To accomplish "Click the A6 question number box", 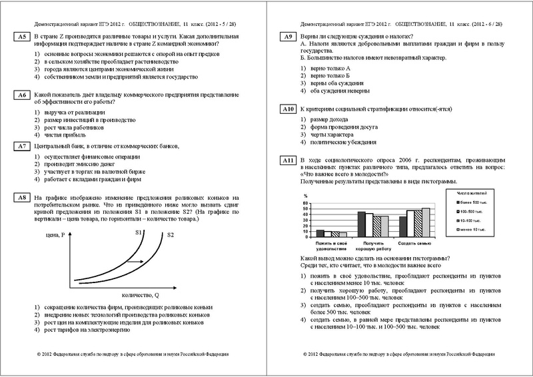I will pos(21,95).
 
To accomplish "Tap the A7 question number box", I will pos(21,145).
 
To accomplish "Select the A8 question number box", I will pos(21,197).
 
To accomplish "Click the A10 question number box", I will pos(288,108).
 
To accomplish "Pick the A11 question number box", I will pos(288,161).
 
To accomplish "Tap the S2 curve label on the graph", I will pos(171,234).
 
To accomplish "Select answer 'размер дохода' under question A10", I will pos(329,119).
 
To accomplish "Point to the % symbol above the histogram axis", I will pos(304,196).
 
